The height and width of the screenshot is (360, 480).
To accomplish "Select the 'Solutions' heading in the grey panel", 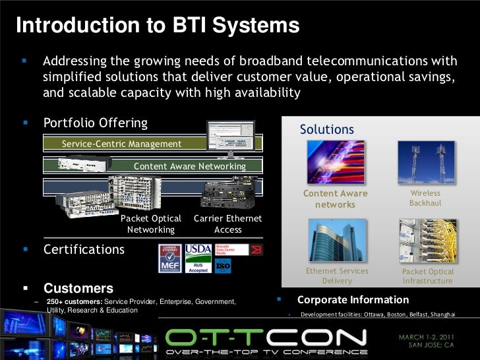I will (327, 130).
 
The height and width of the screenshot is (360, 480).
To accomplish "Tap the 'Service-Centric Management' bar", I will (121, 144).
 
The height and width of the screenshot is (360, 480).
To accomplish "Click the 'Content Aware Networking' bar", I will (189, 166).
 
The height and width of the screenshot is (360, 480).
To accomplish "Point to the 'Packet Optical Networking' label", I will (151, 224).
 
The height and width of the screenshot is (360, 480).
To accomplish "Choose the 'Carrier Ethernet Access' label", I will (227, 224).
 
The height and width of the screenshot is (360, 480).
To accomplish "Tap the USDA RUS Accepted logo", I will (198, 259).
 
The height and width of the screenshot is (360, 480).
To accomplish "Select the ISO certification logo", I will (224, 265).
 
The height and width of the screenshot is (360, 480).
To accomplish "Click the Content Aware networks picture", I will (336, 164).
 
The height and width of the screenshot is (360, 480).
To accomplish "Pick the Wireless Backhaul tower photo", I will (425, 164).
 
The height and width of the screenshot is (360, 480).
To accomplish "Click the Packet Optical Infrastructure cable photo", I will (427, 241).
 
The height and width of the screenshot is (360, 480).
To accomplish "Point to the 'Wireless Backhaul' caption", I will (425, 198).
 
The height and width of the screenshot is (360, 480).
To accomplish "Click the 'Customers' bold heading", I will (78, 288).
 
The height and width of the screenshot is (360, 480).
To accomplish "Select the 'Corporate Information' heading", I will (353, 299).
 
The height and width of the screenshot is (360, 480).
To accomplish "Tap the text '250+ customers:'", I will (74, 301).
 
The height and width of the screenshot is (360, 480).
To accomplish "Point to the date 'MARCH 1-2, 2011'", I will (430, 337).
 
